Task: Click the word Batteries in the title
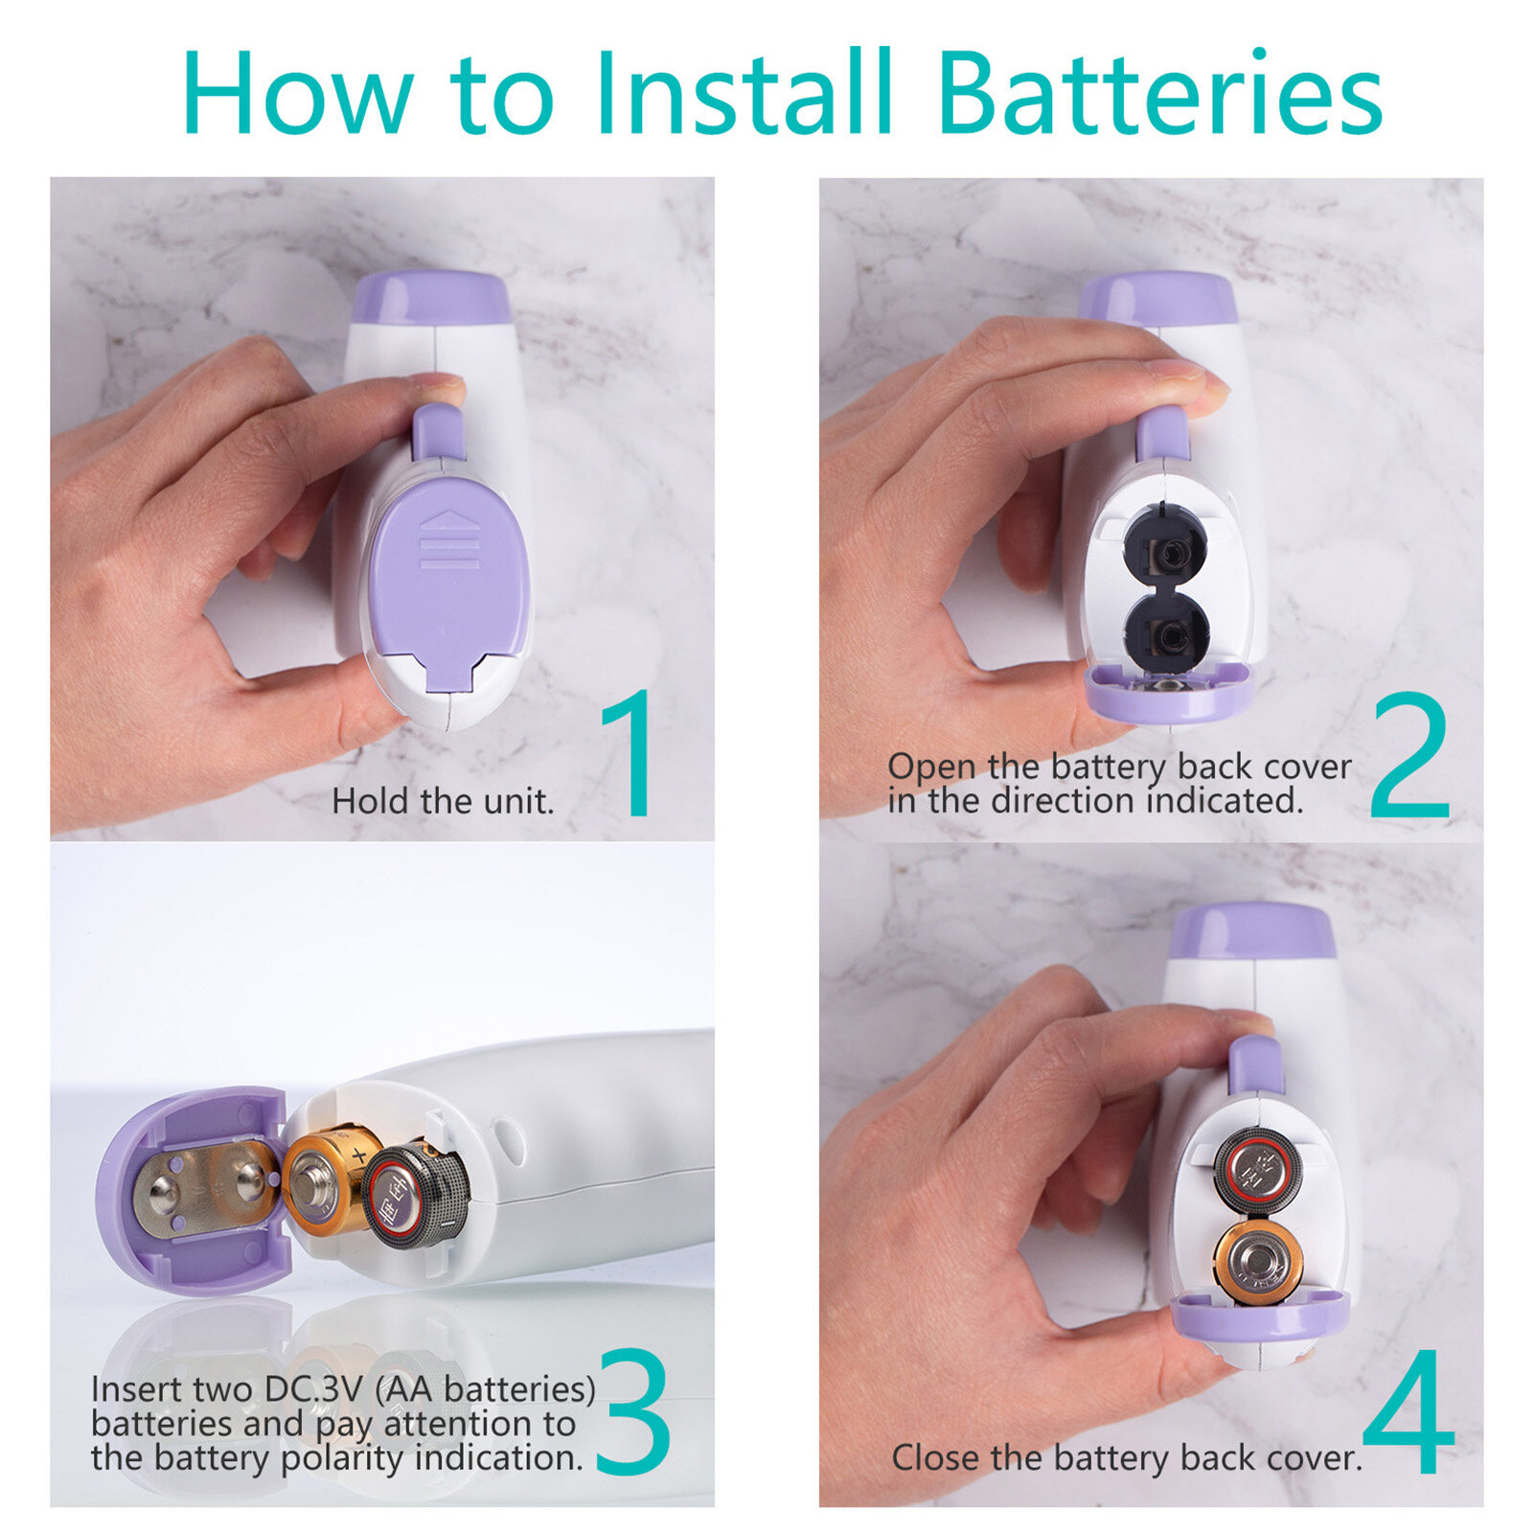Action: point(1160,92)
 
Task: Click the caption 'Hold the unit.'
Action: point(443,801)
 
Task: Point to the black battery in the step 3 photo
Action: point(416,1194)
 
